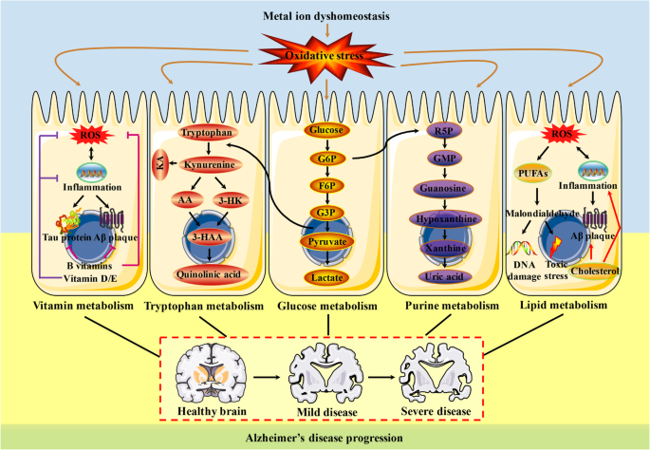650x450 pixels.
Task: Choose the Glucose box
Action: point(326,129)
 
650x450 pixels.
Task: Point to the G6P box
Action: point(326,159)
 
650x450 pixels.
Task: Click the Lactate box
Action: point(326,276)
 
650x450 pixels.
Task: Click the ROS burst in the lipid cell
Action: point(562,134)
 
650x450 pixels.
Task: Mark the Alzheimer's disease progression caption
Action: point(325,438)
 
